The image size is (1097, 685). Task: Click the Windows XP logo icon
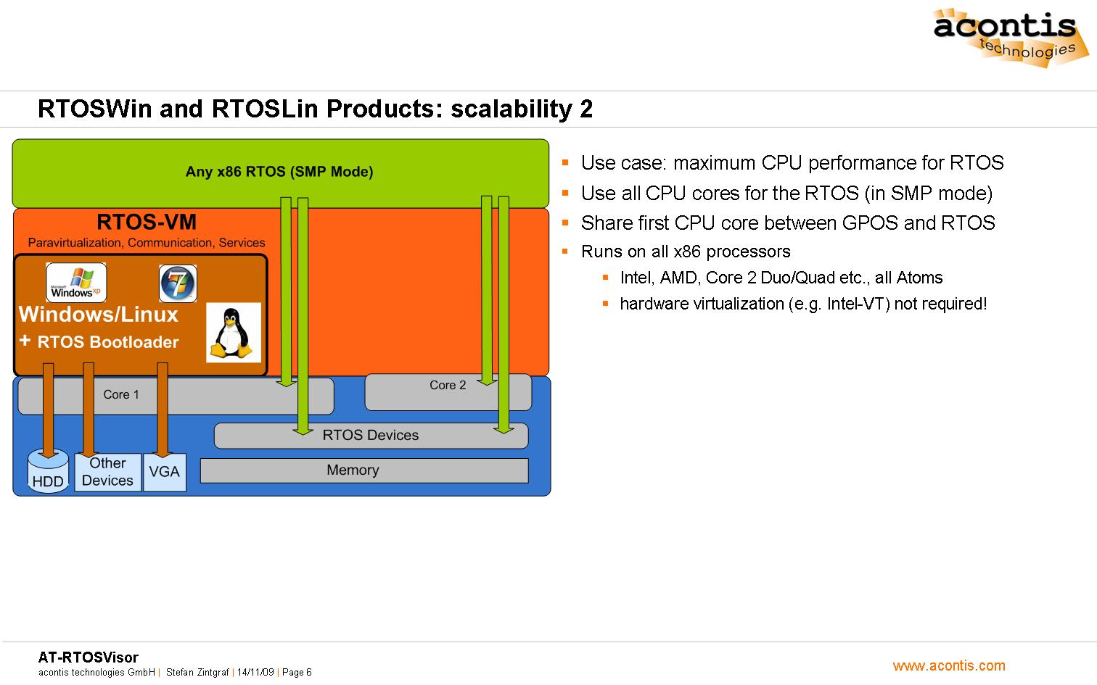[x=76, y=282]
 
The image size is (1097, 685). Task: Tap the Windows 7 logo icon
[x=178, y=283]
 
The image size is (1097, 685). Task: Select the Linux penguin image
[x=233, y=333]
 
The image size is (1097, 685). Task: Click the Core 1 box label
[x=120, y=394]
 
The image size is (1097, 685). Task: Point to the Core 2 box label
[x=448, y=385]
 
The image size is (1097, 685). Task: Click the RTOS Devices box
[x=371, y=435]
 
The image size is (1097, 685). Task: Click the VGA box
[x=165, y=472]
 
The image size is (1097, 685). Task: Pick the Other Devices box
[x=107, y=472]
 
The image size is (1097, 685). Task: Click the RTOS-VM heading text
[x=147, y=222]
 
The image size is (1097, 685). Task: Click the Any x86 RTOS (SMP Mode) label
[x=279, y=172]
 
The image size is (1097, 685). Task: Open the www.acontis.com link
[x=949, y=665]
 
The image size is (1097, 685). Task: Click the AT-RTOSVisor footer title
[x=88, y=657]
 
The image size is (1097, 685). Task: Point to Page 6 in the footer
[x=297, y=673]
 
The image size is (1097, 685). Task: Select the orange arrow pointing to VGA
[x=162, y=410]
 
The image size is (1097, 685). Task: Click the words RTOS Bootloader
[x=108, y=342]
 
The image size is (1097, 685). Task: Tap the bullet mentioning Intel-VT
[x=803, y=304]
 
